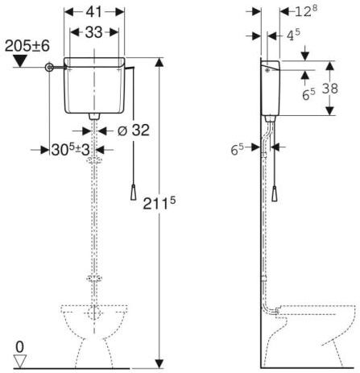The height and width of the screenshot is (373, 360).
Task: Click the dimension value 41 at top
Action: tap(94, 12)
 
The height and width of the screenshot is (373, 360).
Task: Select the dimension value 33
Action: tap(93, 32)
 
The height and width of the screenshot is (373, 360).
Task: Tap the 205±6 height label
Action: tap(27, 46)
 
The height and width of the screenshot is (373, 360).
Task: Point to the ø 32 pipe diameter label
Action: tap(134, 131)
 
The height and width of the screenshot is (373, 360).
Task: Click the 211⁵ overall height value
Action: tap(159, 203)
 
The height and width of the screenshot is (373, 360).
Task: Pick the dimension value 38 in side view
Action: tap(330, 88)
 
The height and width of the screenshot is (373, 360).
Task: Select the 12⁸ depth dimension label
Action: tap(306, 11)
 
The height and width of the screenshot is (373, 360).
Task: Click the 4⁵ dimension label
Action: tap(293, 35)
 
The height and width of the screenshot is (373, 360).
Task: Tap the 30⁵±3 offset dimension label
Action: tap(70, 149)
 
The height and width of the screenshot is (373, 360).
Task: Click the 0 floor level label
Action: tap(19, 347)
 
